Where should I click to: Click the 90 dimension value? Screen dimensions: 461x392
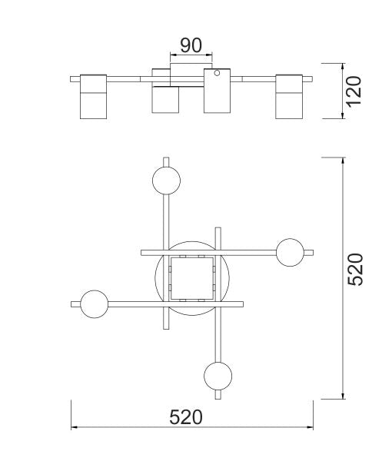coord(191,45)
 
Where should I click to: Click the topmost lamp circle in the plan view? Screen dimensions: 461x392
coord(167,181)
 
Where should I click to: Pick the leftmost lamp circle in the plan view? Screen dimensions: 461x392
coord(94,304)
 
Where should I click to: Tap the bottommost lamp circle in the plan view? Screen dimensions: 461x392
coord(218,376)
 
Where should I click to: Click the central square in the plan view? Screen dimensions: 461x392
coord(191,278)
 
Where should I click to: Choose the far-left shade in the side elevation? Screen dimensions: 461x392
coord(94,96)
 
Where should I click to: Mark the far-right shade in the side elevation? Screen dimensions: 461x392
coord(291,96)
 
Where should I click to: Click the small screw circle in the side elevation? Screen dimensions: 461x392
coord(218,75)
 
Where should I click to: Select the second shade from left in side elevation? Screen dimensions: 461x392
coord(165,100)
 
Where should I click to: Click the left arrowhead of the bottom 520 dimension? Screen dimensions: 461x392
coord(74,427)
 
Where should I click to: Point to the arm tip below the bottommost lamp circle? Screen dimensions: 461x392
coord(218,397)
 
